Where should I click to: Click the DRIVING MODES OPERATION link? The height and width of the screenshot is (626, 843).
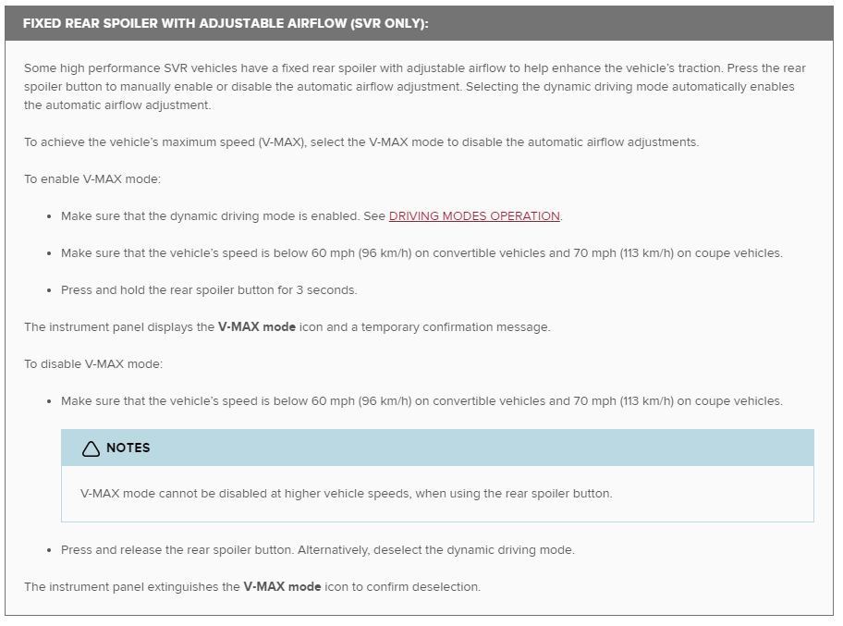coord(474,216)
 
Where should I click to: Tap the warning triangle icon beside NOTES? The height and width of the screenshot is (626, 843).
coord(91,448)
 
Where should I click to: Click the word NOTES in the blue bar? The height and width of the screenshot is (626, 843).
coord(128,448)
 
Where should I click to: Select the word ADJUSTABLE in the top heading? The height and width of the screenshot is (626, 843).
coord(215,23)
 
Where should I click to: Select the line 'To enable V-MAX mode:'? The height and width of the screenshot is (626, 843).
coord(92,179)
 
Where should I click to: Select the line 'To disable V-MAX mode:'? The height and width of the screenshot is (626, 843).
coord(93,364)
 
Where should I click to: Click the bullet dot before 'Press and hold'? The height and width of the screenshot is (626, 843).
coord(48,290)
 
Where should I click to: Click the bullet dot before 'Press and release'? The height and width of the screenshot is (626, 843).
coord(48,550)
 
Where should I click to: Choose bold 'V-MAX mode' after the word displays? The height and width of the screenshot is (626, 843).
coord(257,327)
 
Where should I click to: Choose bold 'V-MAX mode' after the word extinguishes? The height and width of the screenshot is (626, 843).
coord(282,587)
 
